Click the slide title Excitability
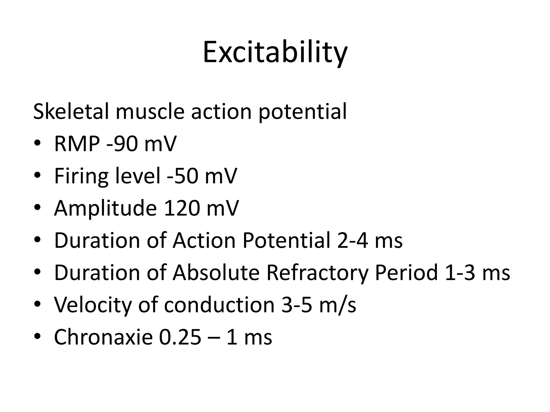pos(275,52)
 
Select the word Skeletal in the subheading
pos(71,111)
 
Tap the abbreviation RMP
pos(77,144)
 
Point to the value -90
pos(122,144)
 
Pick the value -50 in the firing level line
pos(182,176)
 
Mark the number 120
pos(182,208)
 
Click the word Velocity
pos(93,305)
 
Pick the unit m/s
pos(338,305)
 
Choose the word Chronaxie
pos(103,337)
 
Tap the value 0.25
pos(180,337)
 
